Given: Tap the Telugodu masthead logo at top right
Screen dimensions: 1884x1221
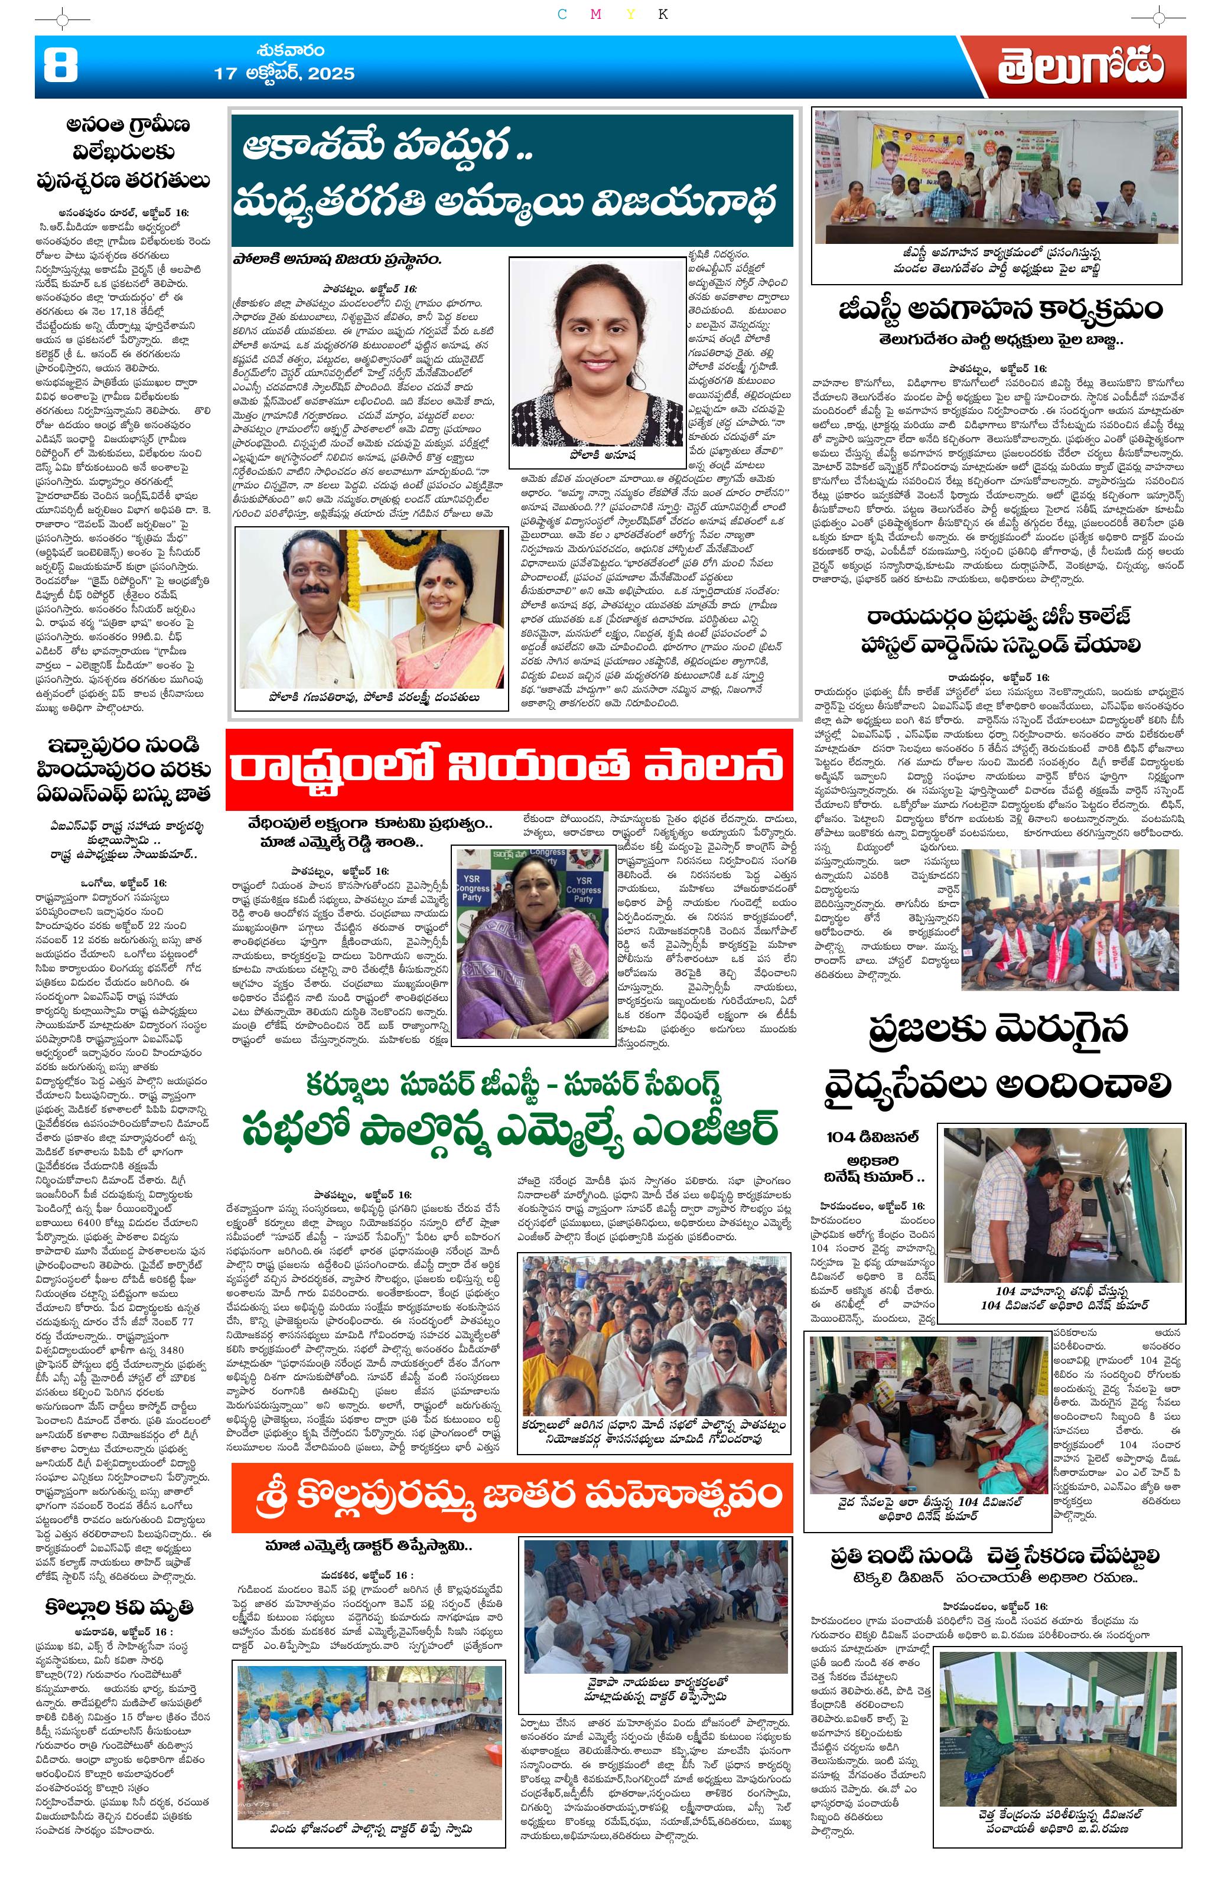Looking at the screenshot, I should (x=1080, y=68).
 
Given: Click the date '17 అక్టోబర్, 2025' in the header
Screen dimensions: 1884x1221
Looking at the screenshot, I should (x=284, y=75).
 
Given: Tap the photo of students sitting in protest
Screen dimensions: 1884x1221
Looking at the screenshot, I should (x=1069, y=930).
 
